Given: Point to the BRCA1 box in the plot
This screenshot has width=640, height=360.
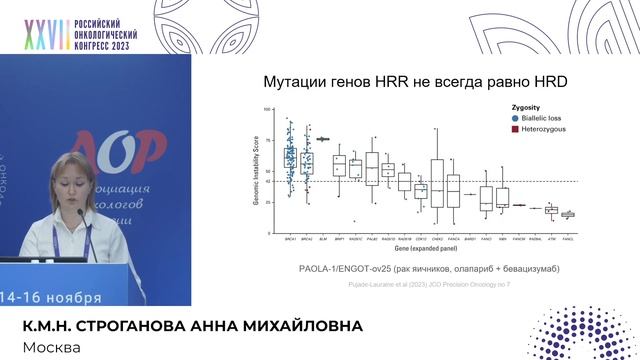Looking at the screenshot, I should (x=290, y=157).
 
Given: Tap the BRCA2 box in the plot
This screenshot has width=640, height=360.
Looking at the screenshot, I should (x=307, y=160).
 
